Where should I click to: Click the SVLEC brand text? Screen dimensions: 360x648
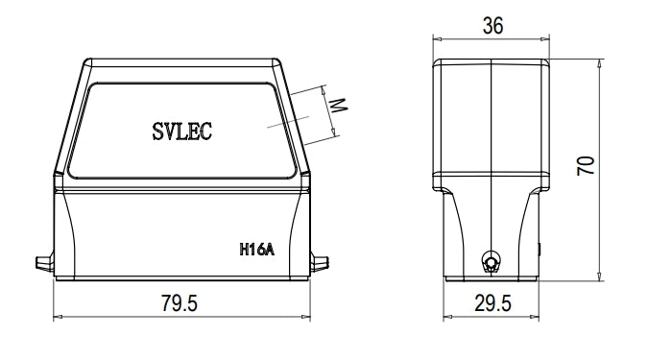click(182, 132)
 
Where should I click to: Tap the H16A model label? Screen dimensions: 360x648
click(256, 250)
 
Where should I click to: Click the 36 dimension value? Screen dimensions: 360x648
click(492, 26)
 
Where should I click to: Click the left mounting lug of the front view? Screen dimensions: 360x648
click(43, 262)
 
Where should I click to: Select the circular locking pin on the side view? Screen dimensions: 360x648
click(491, 262)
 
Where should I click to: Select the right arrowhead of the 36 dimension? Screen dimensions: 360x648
click(550, 39)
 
